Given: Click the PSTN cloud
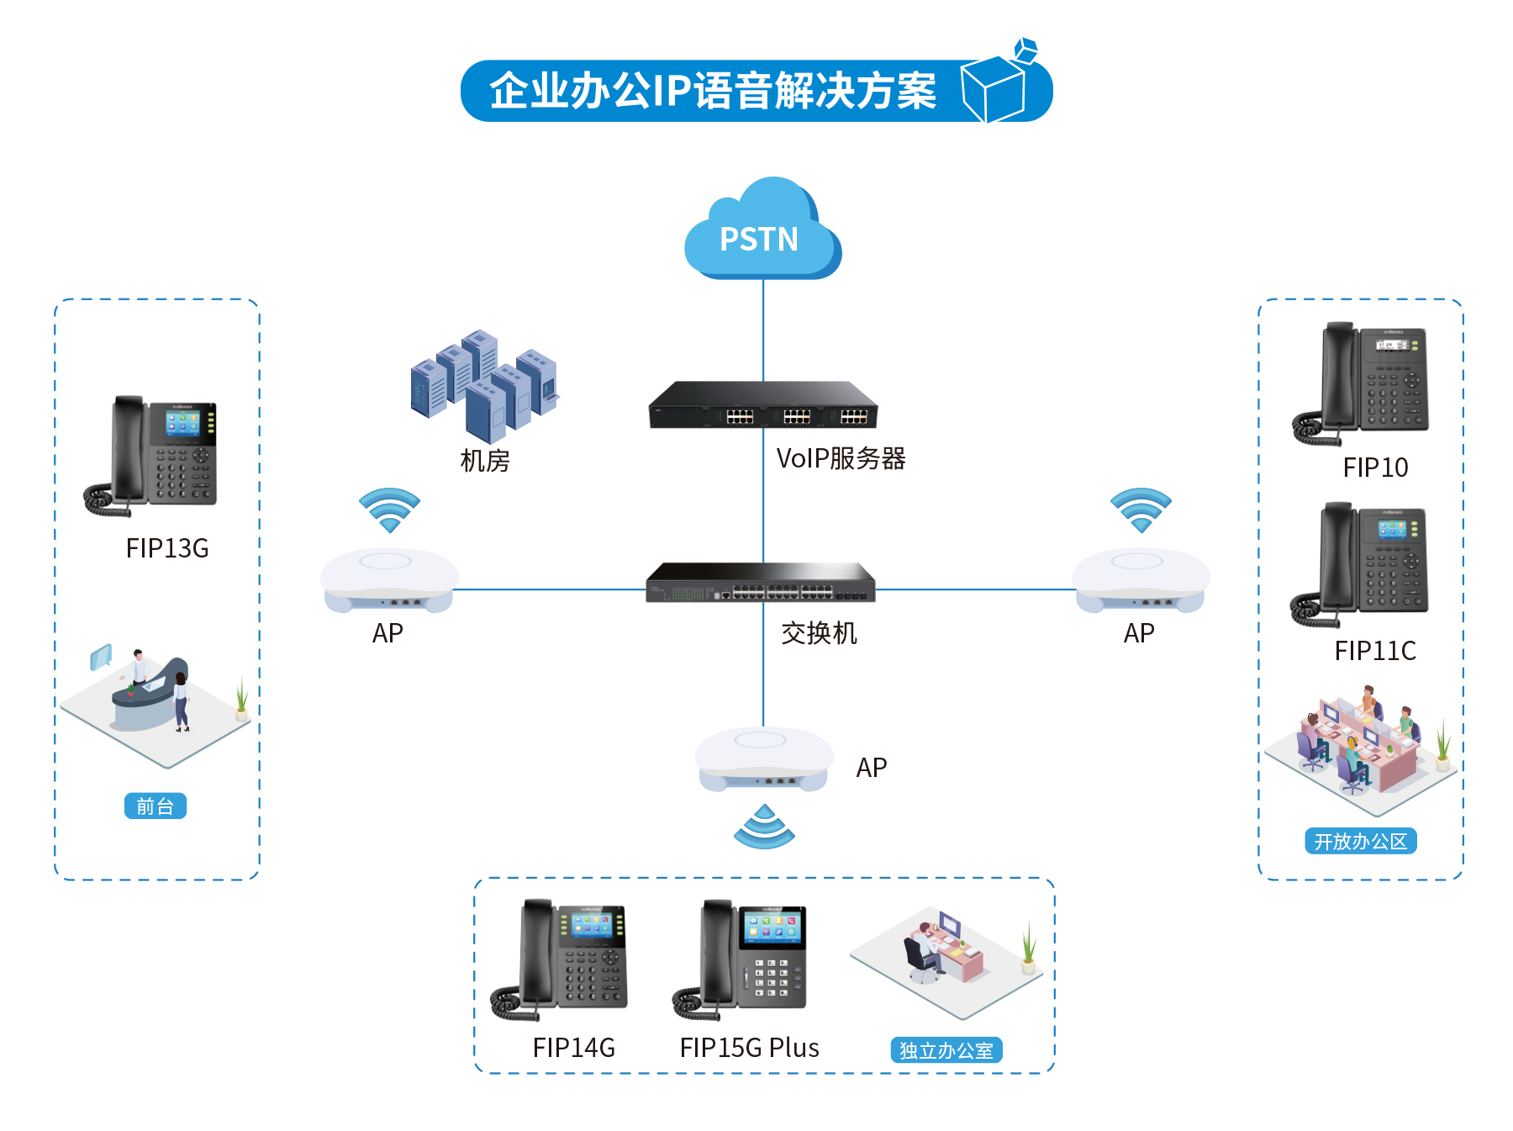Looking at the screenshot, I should coord(761,231).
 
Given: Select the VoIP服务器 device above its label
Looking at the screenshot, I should coord(762,405).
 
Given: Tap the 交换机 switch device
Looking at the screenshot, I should coord(761,583).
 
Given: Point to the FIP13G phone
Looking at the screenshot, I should coord(151,454).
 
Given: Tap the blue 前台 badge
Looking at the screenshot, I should coord(156,806).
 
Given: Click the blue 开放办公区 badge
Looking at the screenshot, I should coord(1360,841).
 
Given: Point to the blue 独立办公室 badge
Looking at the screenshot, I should coord(946,1049).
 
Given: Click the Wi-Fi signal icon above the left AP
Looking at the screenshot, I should coord(389,509).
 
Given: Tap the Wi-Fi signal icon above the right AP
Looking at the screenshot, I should coord(1141,509).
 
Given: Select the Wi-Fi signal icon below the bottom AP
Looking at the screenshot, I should coord(764,828).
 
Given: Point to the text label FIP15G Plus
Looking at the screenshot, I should coord(749,1048).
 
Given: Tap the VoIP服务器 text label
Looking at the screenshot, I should coord(841,458).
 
